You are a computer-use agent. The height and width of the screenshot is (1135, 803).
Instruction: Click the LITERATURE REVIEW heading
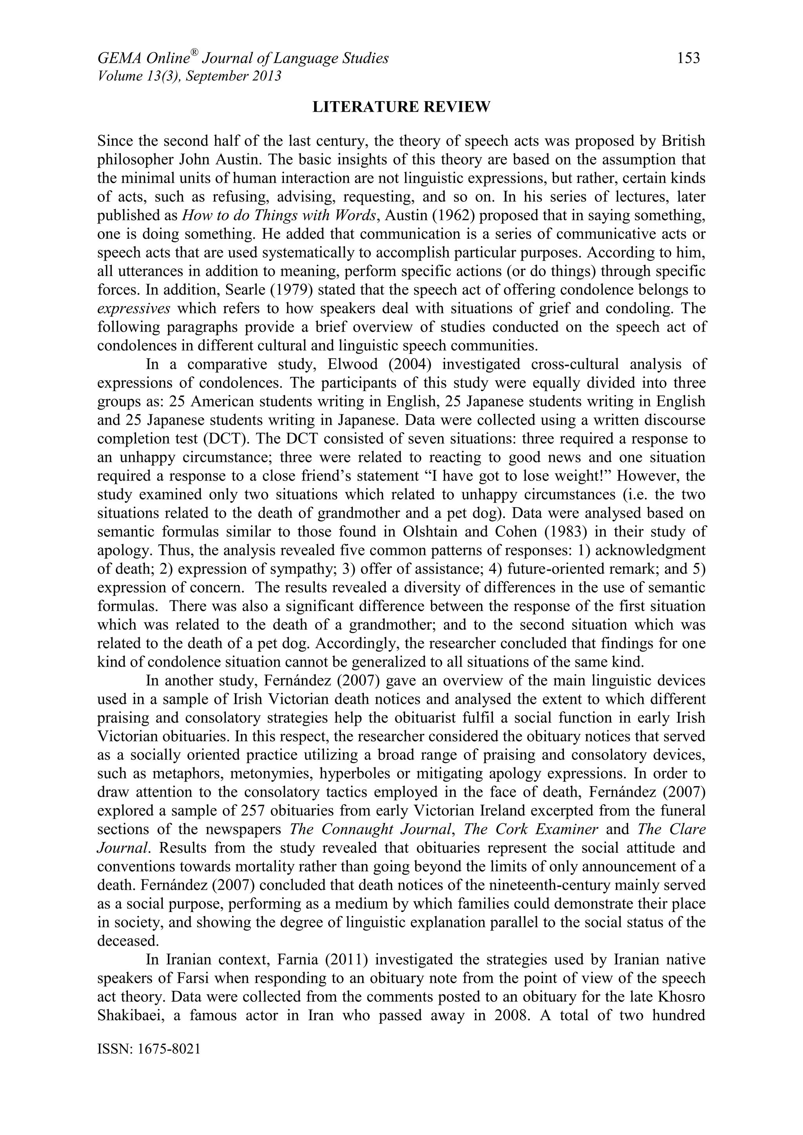[401, 107]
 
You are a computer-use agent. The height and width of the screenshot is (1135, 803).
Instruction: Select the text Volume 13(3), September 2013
[189, 76]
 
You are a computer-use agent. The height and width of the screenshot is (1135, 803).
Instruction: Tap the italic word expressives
[133, 308]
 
